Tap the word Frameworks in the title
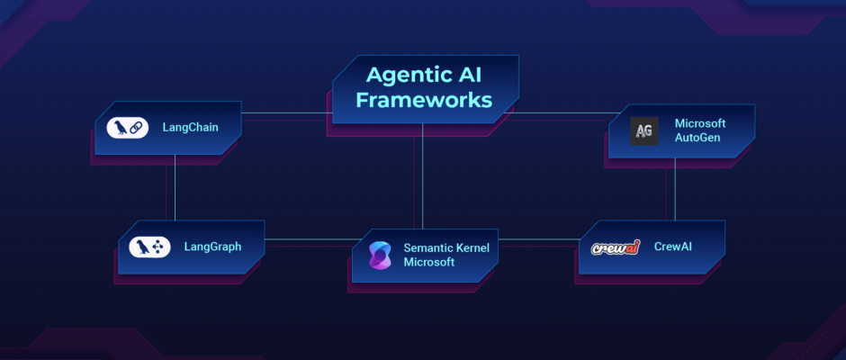click(x=424, y=101)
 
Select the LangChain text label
click(x=191, y=128)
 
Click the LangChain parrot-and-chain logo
click(x=127, y=128)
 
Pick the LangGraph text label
click(x=212, y=247)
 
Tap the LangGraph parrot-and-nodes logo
click(x=149, y=247)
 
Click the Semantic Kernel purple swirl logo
click(x=380, y=256)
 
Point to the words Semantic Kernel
click(x=446, y=248)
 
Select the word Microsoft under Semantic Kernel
click(x=429, y=262)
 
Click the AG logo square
click(x=644, y=130)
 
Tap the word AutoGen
click(x=697, y=138)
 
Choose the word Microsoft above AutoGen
click(x=700, y=123)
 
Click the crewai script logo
click(x=615, y=247)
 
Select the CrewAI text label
click(x=673, y=247)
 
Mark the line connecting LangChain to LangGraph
click(x=175, y=187)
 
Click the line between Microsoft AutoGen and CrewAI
click(x=675, y=189)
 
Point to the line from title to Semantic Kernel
click(x=422, y=176)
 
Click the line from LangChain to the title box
click(x=286, y=113)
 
